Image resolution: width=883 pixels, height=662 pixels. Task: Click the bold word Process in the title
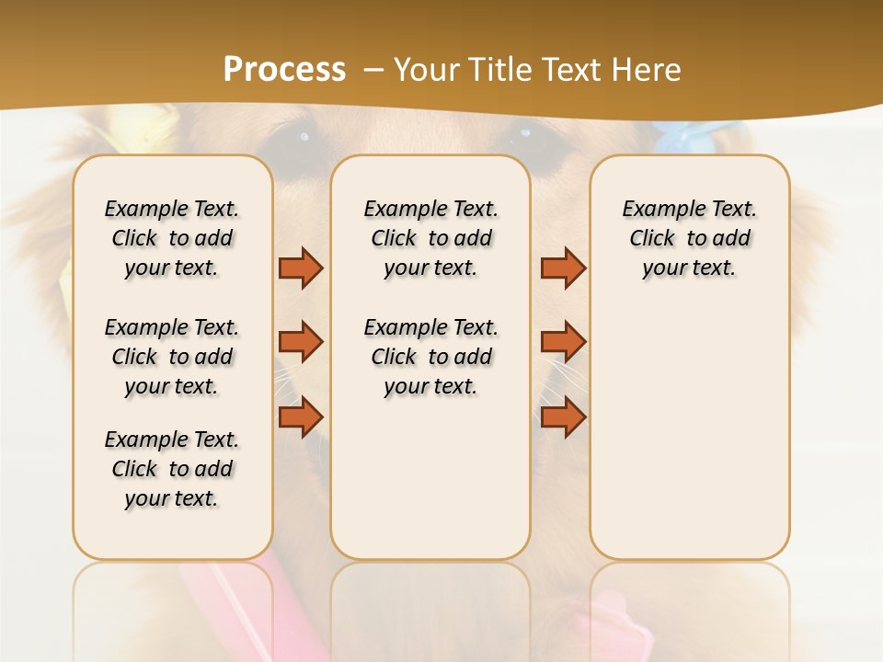click(284, 69)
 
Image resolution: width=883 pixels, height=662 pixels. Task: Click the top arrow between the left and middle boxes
click(301, 268)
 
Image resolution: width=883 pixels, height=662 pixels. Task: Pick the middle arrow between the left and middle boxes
click(301, 342)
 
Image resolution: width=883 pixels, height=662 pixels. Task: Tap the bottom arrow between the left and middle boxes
click(301, 417)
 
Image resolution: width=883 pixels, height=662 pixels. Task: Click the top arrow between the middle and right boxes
click(563, 268)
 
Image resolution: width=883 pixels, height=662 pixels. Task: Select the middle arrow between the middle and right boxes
click(563, 342)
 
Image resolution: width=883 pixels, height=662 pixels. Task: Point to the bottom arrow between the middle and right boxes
click(563, 417)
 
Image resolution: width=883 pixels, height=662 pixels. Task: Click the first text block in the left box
click(172, 238)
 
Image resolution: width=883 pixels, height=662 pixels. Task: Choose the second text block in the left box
click(172, 357)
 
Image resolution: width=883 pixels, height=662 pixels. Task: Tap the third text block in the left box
click(172, 469)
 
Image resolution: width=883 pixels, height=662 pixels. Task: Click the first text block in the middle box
click(430, 238)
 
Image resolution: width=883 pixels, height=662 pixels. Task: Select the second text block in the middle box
click(430, 357)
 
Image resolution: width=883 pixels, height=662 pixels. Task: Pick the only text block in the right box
click(689, 238)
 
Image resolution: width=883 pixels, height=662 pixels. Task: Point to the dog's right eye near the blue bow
click(529, 134)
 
